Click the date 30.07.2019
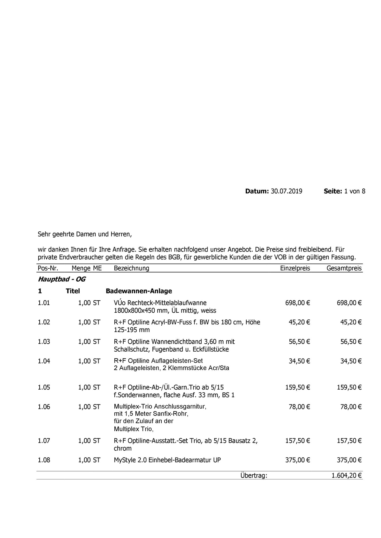pyautogui.click(x=286, y=191)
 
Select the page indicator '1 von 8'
pyautogui.click(x=355, y=191)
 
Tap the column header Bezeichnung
pyautogui.click(x=131, y=268)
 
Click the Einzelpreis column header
pyautogui.click(x=295, y=268)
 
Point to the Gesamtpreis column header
pyautogui.click(x=344, y=268)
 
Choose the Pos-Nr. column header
pyautogui.click(x=48, y=268)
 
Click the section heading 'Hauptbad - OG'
pyautogui.click(x=61, y=279)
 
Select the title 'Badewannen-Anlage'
pyautogui.click(x=139, y=291)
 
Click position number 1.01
pyautogui.click(x=44, y=303)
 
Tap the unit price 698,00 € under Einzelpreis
pyautogui.click(x=297, y=303)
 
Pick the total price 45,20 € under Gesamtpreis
pyautogui.click(x=351, y=322)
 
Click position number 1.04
pyautogui.click(x=44, y=361)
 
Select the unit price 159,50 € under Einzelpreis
pyautogui.click(x=297, y=387)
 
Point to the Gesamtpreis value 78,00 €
pyautogui.click(x=351, y=407)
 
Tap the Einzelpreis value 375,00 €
pyautogui.click(x=297, y=460)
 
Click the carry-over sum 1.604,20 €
pyautogui.click(x=346, y=475)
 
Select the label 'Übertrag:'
pyautogui.click(x=254, y=475)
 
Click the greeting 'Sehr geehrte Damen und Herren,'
pyautogui.click(x=84, y=235)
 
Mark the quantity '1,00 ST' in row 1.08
pyautogui.click(x=89, y=460)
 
